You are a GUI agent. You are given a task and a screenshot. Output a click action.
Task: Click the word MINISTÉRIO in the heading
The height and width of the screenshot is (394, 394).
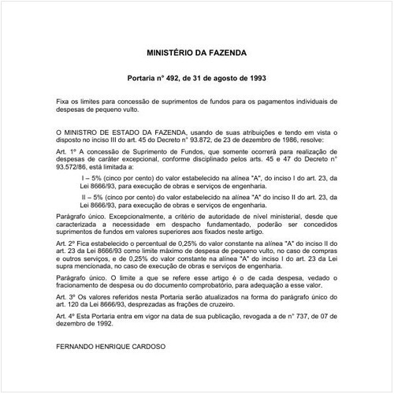point(173,54)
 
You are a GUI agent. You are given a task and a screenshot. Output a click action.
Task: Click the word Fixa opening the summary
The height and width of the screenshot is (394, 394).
point(65,103)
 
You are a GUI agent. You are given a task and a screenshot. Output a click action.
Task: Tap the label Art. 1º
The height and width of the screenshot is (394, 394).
point(66,151)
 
